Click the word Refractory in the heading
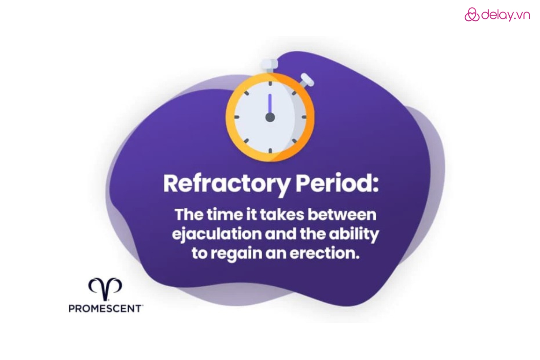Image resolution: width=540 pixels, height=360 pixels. [226, 184]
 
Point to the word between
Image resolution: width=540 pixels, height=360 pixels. [342, 215]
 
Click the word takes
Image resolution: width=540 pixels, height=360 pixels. [281, 215]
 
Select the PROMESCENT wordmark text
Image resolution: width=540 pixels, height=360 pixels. [106, 308]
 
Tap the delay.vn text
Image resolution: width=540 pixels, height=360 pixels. [505, 15]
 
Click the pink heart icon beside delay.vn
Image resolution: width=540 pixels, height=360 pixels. [472, 15]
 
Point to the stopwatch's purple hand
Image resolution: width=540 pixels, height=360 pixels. [270, 104]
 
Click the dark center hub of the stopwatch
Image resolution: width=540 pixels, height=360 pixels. [270, 117]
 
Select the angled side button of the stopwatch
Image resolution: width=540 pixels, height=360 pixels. [306, 81]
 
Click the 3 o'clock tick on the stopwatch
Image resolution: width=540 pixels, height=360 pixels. [304, 117]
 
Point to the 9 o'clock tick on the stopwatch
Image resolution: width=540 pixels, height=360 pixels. [236, 117]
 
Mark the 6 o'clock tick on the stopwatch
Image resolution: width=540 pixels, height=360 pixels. [270, 151]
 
